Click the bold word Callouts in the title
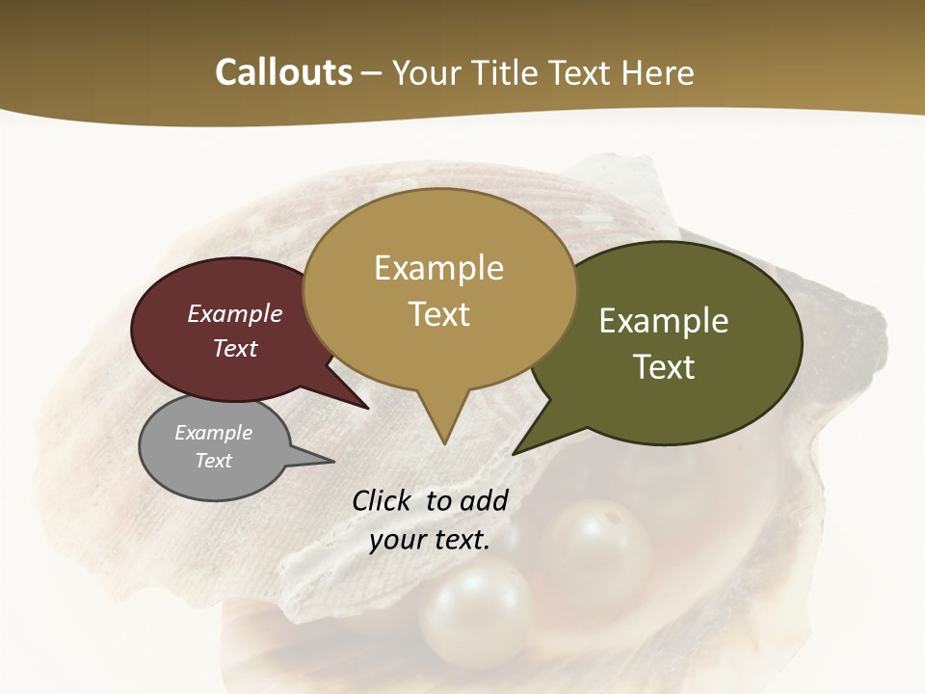pos(283,72)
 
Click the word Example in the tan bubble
pos(438,268)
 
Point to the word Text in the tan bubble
pos(438,314)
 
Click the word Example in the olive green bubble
pos(664,321)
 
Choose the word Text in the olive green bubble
pos(664,367)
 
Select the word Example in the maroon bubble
pos(235,313)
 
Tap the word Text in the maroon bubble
pos(235,348)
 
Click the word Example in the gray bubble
pos(213,433)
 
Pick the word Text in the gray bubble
pos(213,461)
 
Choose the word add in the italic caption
pos(484,500)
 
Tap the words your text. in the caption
pos(430,540)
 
